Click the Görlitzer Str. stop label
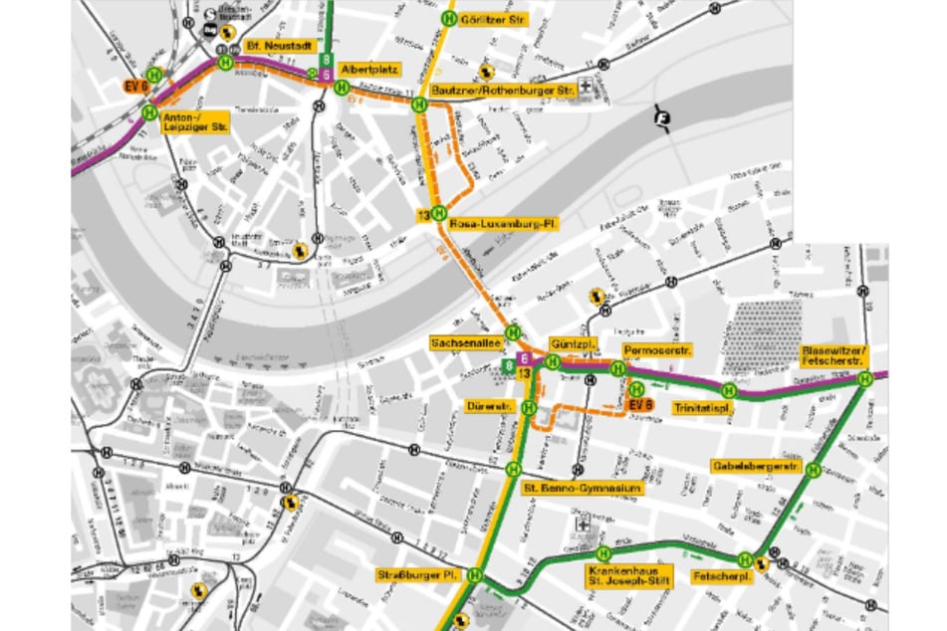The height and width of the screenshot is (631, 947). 495,18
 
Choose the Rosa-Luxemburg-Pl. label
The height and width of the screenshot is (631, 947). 503,225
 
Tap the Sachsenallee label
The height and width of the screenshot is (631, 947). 463,341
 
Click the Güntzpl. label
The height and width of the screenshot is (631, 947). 574,343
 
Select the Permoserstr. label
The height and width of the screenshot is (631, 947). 657,350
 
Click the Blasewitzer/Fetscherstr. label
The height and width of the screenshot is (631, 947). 833,357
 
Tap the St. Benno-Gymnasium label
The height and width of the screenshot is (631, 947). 583,489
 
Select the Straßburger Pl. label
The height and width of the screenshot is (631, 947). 417,575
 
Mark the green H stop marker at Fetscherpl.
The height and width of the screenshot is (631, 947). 745,560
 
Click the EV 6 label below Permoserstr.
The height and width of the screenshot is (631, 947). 640,404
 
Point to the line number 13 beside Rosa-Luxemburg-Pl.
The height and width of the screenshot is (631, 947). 423,216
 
